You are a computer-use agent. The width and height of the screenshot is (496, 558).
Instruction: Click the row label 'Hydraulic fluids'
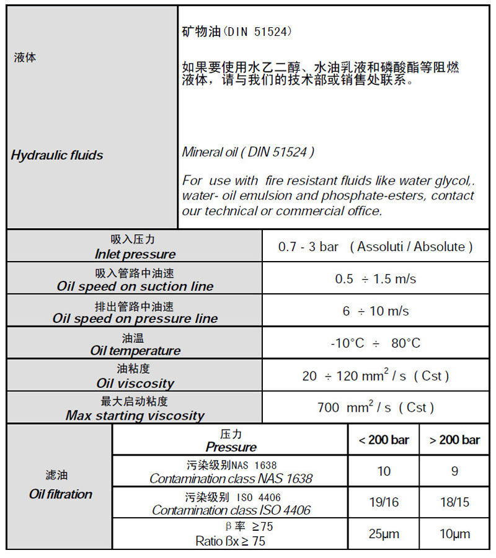57,155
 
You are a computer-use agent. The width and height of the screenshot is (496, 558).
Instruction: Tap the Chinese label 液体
25,58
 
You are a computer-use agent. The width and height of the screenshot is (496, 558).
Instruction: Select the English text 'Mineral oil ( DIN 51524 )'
248,152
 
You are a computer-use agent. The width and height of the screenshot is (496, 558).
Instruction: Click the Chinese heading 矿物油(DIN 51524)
236,32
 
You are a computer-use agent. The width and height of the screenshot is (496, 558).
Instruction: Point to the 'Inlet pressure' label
135,254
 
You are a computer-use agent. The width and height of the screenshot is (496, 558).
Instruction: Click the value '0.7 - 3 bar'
308,247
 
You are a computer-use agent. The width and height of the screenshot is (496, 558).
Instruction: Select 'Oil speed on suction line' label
135,286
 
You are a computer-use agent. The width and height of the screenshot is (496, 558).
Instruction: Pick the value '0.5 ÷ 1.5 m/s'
375,279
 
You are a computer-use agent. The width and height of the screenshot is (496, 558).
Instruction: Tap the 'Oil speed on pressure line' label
135,319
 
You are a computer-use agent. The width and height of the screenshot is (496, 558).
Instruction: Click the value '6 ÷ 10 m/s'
375,311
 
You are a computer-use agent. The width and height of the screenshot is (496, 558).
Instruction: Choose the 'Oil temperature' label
135,351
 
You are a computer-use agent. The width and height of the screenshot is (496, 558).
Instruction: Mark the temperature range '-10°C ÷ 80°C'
375,343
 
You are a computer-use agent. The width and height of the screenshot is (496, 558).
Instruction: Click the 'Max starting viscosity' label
135,415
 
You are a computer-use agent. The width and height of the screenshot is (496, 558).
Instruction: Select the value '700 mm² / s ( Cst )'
375,408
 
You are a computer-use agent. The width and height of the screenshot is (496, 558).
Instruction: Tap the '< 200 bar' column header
384,440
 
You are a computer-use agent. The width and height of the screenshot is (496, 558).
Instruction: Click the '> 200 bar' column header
454,440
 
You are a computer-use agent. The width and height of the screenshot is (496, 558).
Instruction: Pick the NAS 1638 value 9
454,471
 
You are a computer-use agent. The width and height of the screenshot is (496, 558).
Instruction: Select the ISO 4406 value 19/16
384,502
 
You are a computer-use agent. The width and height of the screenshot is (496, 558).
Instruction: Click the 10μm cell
454,534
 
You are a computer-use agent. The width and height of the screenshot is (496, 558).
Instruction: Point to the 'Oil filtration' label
60,494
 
